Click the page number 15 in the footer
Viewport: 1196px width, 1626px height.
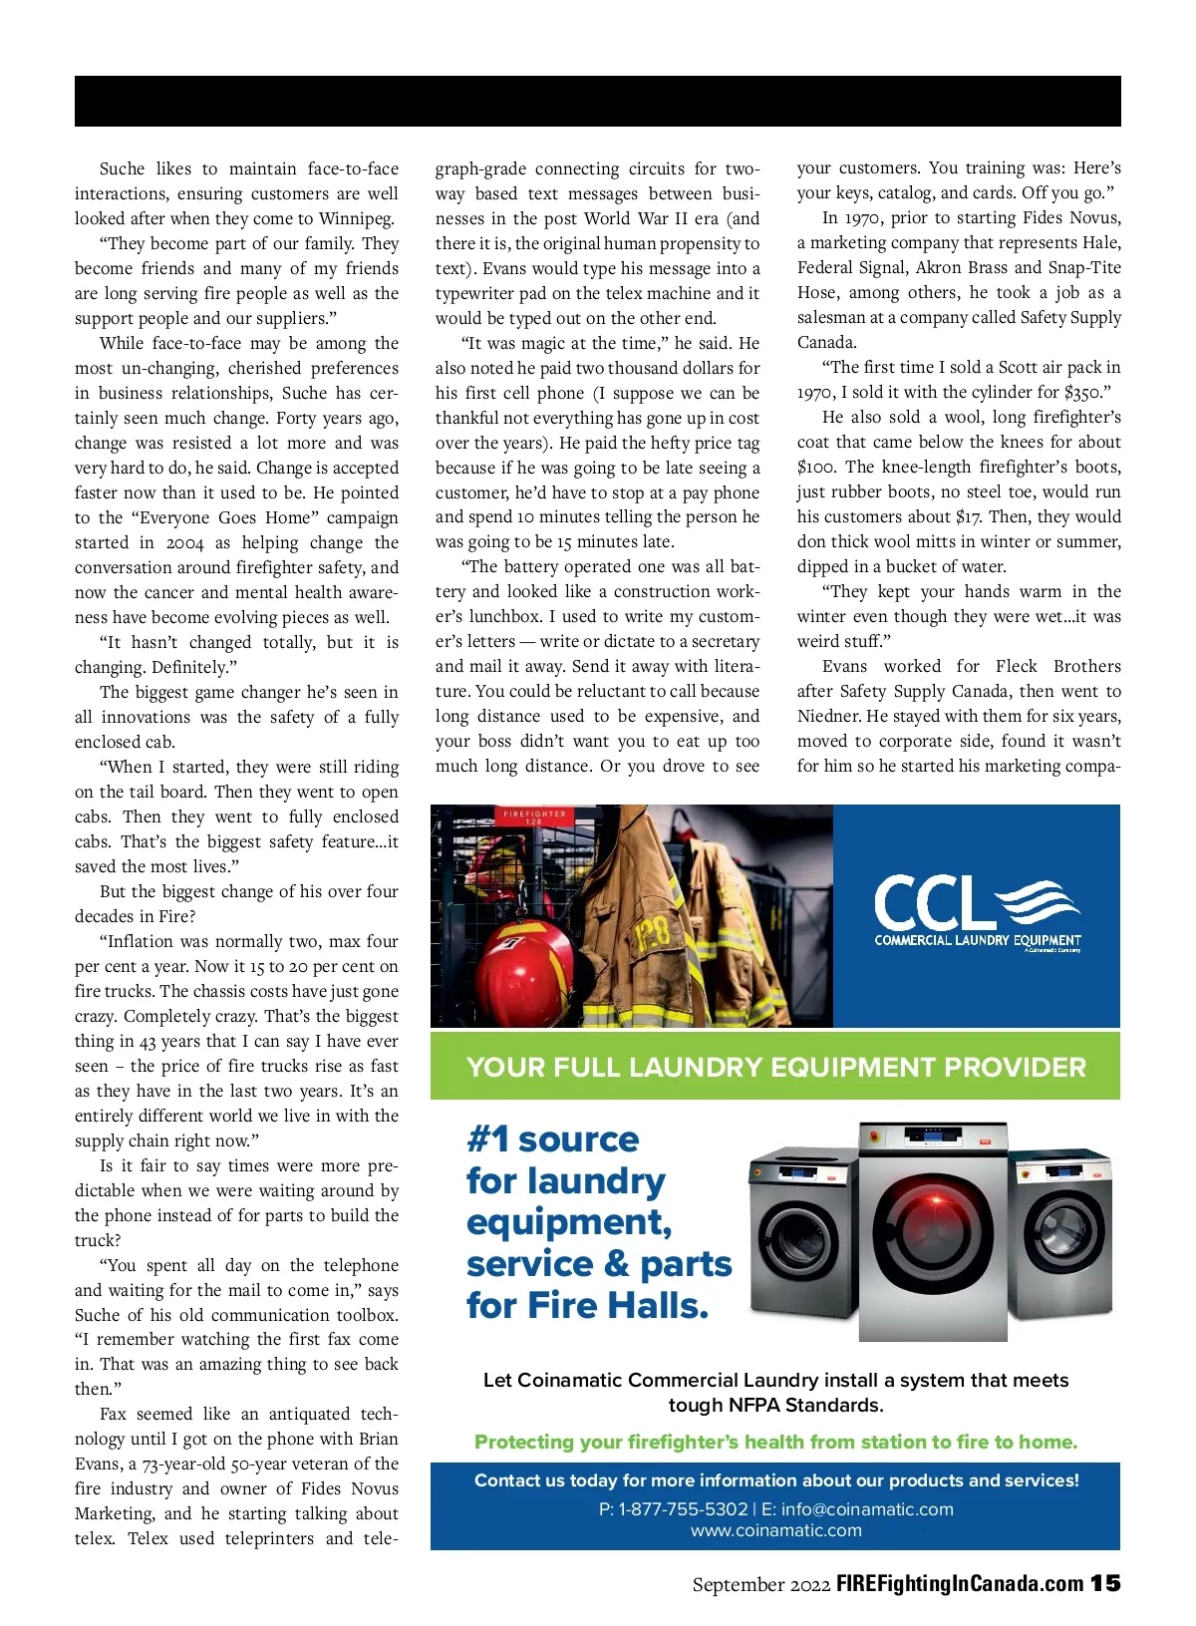click(x=1104, y=1583)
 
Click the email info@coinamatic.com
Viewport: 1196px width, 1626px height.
click(x=867, y=1509)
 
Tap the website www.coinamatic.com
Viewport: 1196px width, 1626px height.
click(x=775, y=1530)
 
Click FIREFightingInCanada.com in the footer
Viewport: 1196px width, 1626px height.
click(x=959, y=1583)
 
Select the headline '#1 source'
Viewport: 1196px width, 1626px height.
click(x=553, y=1138)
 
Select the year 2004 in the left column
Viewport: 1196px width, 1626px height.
click(x=184, y=542)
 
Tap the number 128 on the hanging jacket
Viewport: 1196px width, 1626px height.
click(x=653, y=934)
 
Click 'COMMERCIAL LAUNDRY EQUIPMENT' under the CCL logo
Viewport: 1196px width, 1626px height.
click(x=977, y=940)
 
